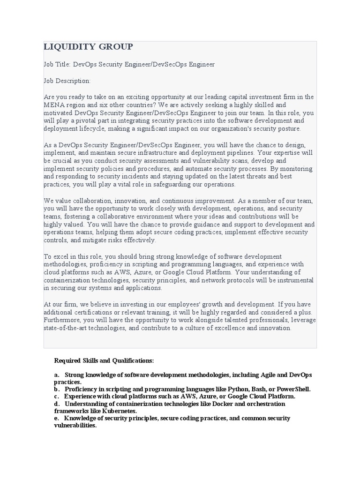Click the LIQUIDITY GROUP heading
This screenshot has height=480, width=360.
88,46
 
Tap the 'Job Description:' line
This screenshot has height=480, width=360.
67,81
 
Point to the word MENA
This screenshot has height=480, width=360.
53,105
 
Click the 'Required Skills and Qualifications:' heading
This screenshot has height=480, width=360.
104,360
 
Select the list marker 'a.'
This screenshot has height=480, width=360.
57,375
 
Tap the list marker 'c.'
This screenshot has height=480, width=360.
57,396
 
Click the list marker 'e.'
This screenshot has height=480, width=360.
57,418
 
